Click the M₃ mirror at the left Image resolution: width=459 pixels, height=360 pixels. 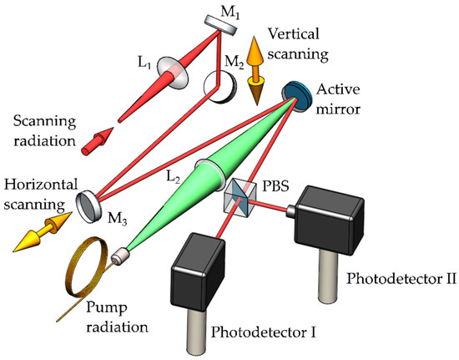87,204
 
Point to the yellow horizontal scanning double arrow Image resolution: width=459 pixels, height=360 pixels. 39,236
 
